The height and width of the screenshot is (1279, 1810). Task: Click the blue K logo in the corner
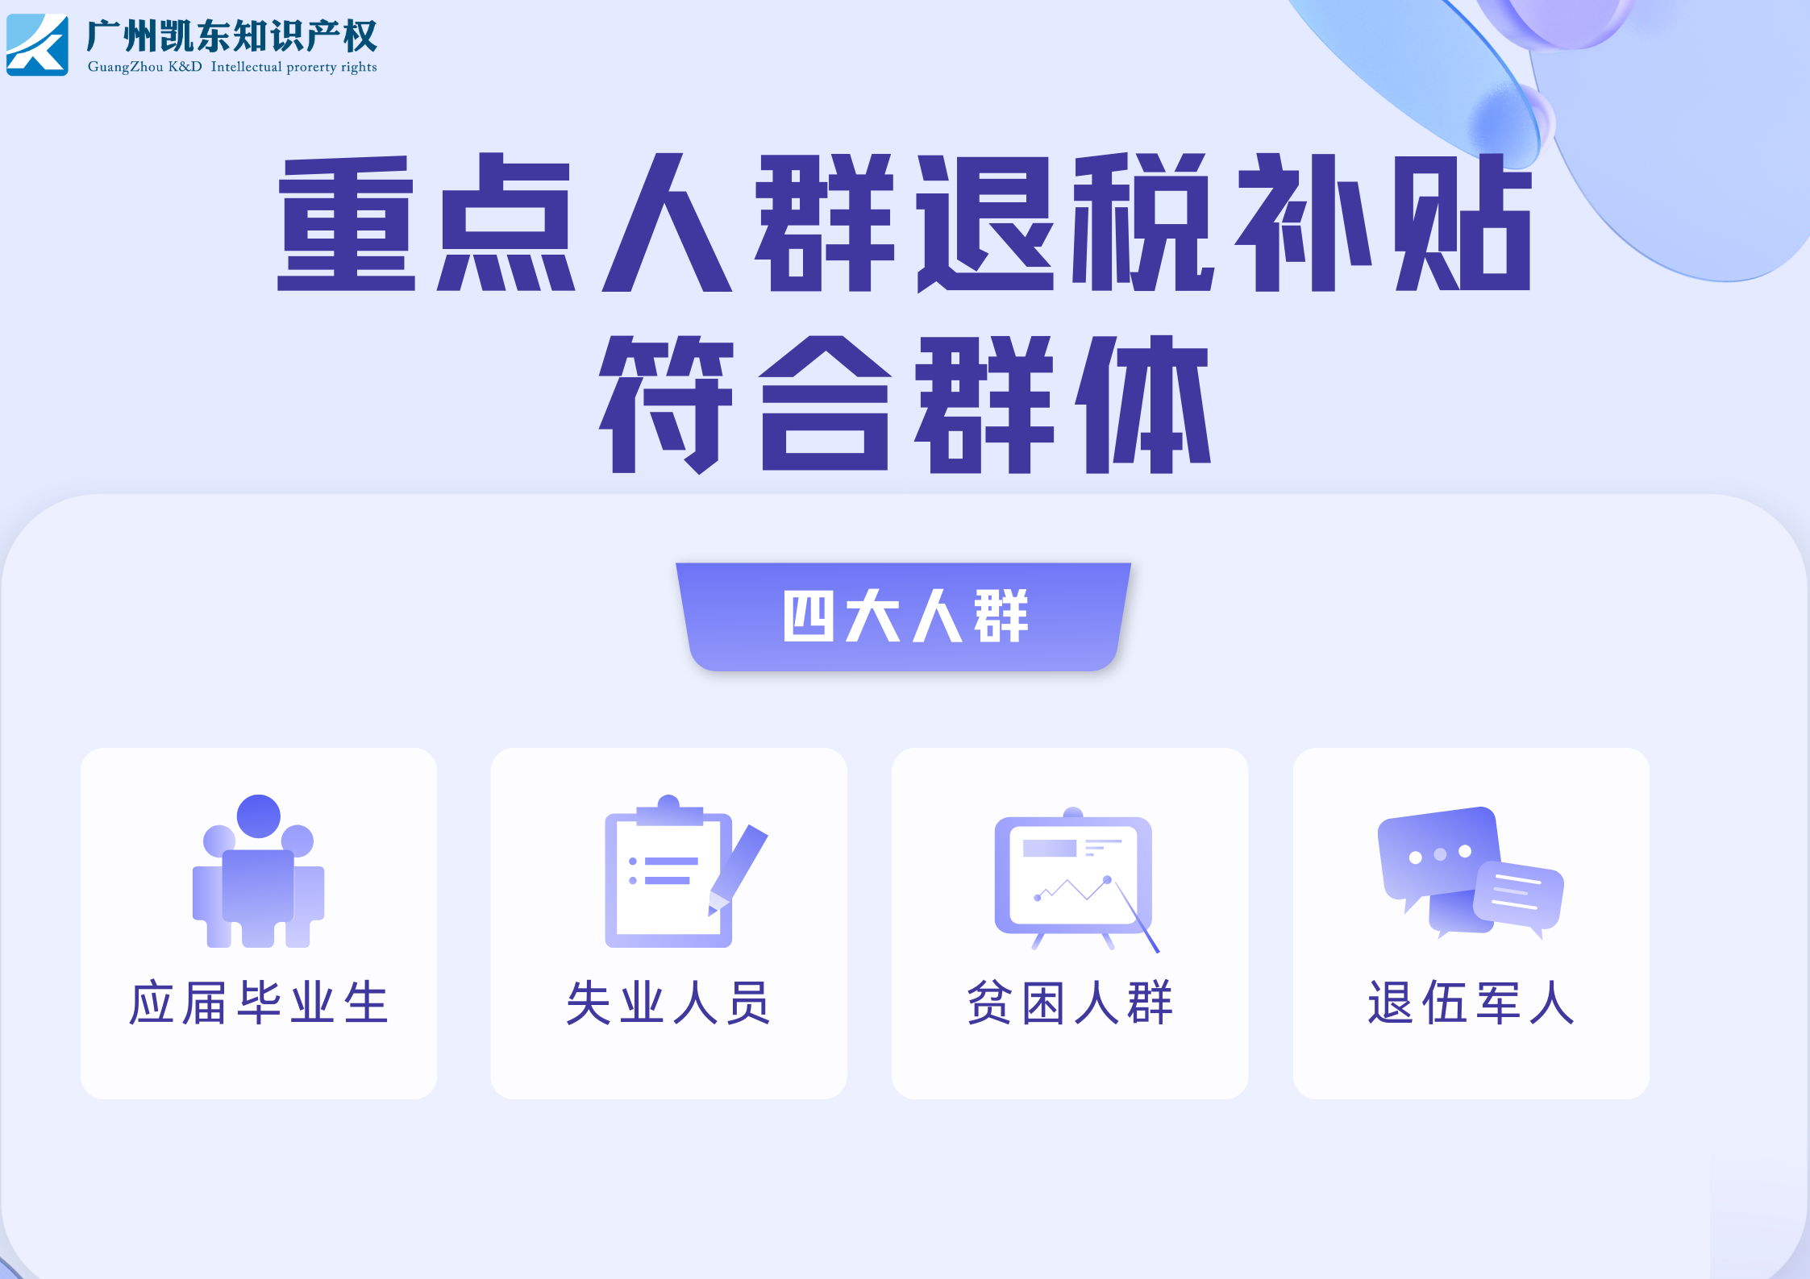tap(37, 44)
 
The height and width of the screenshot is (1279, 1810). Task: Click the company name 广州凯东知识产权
tap(231, 35)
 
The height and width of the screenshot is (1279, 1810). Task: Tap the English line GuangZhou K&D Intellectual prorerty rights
tap(232, 67)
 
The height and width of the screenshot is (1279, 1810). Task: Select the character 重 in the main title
tap(346, 223)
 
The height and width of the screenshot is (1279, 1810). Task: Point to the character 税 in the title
tap(1142, 222)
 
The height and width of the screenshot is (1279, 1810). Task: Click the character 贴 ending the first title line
tap(1463, 222)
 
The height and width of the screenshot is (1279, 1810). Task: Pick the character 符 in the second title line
tap(666, 405)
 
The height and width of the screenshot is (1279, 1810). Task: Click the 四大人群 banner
tap(904, 617)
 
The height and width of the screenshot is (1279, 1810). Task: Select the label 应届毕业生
tap(259, 1003)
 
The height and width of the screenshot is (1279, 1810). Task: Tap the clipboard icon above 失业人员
tap(668, 871)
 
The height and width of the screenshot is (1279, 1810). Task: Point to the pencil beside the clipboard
tap(738, 870)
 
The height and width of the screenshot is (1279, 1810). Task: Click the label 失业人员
tap(668, 1003)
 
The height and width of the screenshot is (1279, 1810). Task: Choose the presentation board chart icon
tap(1076, 879)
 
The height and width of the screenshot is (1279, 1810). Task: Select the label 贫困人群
tap(1070, 1003)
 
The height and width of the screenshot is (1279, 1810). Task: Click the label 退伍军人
tap(1471, 1003)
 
